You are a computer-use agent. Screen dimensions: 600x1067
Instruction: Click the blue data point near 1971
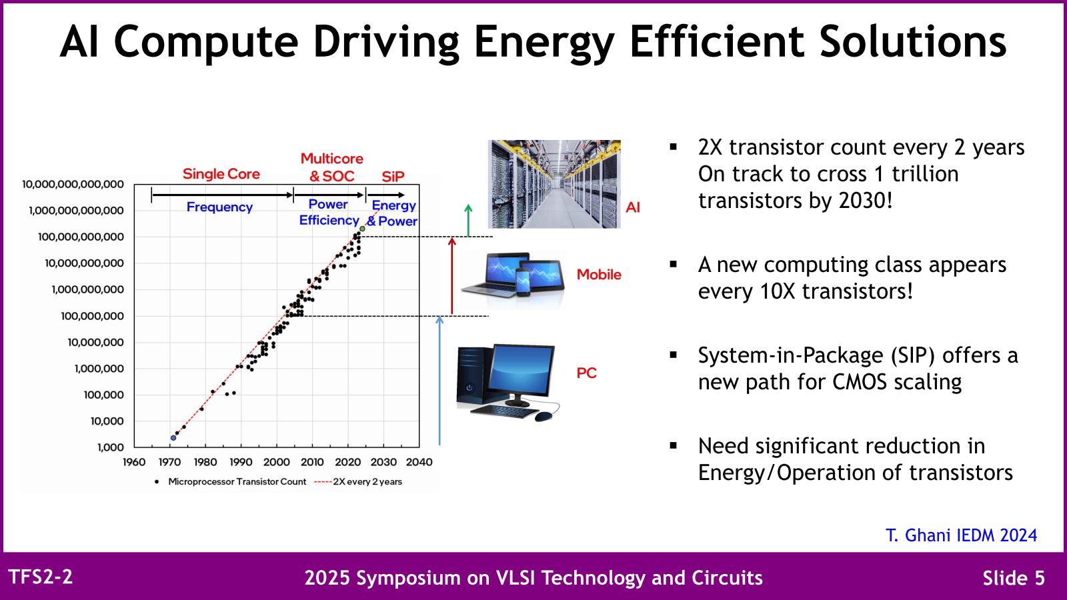[x=173, y=438]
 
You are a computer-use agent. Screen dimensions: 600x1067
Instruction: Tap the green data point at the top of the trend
[x=362, y=229]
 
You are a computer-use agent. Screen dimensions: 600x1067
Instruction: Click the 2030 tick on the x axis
[x=383, y=462]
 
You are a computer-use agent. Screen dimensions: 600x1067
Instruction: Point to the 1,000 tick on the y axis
[x=110, y=447]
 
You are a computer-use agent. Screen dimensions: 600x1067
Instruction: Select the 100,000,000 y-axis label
[x=92, y=316]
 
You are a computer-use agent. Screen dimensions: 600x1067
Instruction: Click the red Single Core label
[x=221, y=174]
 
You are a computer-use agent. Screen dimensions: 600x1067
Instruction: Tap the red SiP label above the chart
[x=393, y=177]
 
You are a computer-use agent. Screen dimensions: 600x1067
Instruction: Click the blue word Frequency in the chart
[x=219, y=207]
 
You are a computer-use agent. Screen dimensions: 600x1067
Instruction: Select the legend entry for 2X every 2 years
[x=359, y=481]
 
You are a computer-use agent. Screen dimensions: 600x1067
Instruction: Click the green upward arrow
[x=468, y=220]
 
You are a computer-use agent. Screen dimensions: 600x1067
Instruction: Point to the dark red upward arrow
[x=452, y=276]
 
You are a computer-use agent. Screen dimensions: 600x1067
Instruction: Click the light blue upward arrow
[x=439, y=380]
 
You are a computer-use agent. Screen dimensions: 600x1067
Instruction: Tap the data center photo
[x=554, y=184]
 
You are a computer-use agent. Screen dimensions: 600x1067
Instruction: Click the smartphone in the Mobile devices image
[x=523, y=282]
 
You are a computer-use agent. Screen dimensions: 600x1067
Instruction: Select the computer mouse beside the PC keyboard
[x=544, y=416]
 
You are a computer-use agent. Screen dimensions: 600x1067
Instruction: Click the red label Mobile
[x=598, y=275]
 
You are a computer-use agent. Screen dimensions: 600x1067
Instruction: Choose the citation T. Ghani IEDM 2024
[x=961, y=535]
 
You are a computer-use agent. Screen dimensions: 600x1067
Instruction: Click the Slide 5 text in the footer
[x=1014, y=578]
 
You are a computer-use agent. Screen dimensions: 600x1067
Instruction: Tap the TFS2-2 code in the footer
[x=40, y=577]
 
